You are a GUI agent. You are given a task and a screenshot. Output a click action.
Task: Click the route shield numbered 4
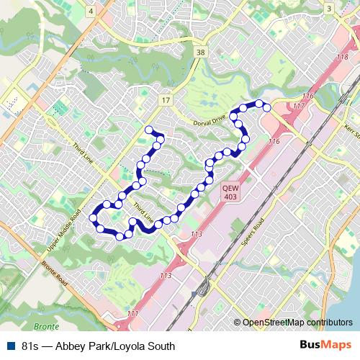coord(91,12)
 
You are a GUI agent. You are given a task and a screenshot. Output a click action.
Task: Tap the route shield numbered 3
coord(328,9)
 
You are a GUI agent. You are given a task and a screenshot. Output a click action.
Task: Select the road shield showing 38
coord(202,53)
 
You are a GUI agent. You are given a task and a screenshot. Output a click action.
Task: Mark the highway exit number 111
coord(132,314)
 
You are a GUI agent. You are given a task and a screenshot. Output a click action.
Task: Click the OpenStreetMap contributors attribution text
coord(297,322)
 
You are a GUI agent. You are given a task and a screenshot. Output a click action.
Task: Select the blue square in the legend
coord(9,346)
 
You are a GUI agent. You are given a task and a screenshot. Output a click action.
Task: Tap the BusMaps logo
coord(325,346)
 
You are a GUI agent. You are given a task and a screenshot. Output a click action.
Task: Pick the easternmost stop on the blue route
coord(267,108)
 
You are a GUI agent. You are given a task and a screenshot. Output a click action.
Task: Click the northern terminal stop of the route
coord(150,130)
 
